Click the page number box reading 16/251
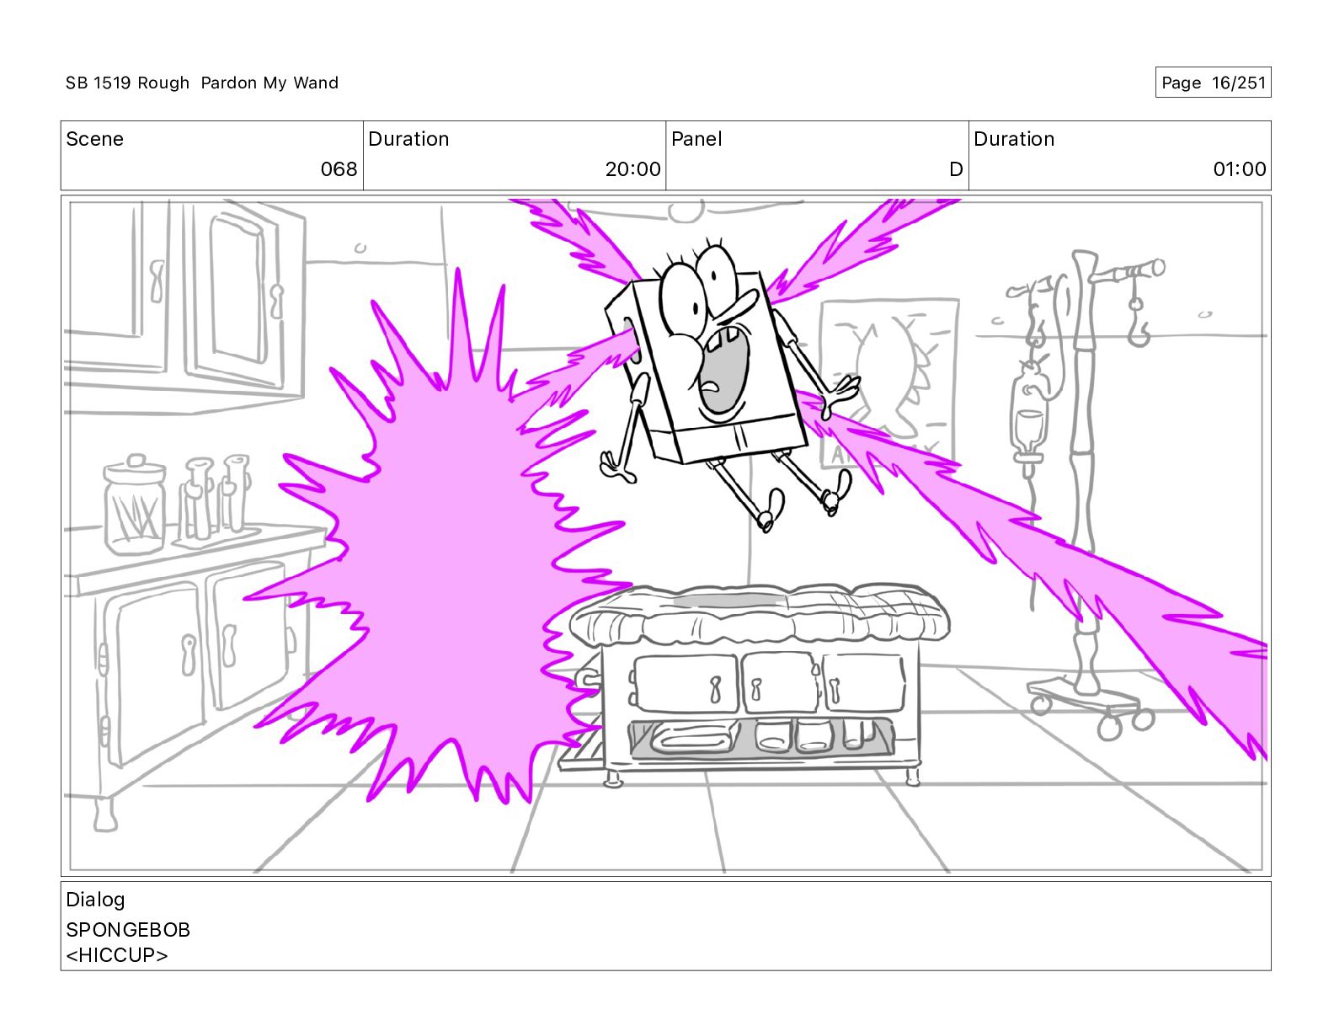tap(1213, 83)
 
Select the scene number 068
tap(339, 168)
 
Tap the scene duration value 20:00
tap(632, 168)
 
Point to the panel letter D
tap(956, 168)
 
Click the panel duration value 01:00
tap(1239, 168)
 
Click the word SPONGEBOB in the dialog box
tap(128, 930)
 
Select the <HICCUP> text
tap(116, 955)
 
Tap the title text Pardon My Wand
tap(269, 83)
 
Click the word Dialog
tap(95, 900)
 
